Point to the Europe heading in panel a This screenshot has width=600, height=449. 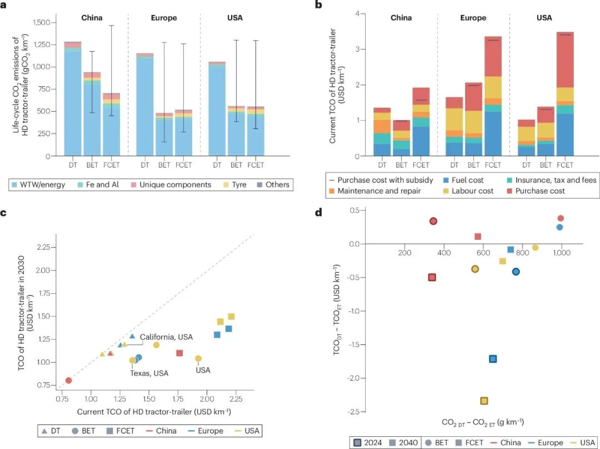pyautogui.click(x=164, y=18)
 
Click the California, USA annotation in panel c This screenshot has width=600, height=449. pyautogui.click(x=166, y=337)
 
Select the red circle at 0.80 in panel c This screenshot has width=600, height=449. pyautogui.click(x=68, y=381)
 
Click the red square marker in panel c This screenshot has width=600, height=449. pyautogui.click(x=179, y=353)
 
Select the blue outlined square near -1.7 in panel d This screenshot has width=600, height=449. pyautogui.click(x=492, y=359)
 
